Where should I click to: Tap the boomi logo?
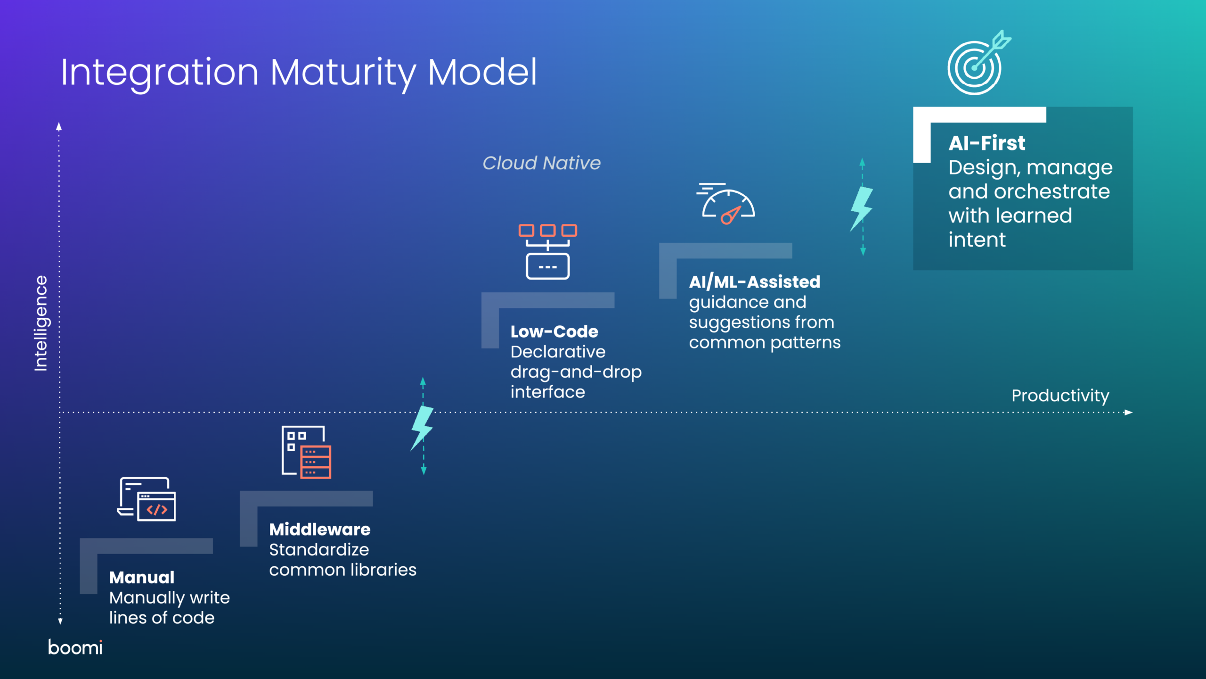75,647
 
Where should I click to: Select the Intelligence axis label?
41,323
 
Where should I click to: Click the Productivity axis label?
1060,396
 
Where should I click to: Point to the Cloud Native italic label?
542,163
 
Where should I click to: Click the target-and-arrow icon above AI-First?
979,63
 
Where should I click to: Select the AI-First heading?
987,143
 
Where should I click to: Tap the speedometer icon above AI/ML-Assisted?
726,204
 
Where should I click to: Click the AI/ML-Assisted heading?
755,282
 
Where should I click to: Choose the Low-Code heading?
554,331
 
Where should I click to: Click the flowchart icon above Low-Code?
548,252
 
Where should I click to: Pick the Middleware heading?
320,530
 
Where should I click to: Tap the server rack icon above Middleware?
307,452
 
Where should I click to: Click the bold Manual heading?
142,578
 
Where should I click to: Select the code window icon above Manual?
147,499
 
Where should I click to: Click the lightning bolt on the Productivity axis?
422,427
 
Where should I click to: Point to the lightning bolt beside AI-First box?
862,208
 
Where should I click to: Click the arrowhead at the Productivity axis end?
1129,413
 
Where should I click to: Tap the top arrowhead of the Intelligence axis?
59,126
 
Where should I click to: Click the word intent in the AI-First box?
977,240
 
